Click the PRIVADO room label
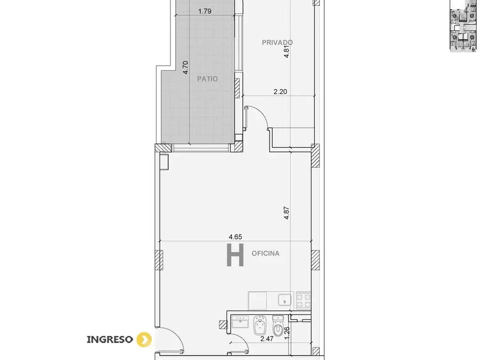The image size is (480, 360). point(277,42)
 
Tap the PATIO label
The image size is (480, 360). point(207,79)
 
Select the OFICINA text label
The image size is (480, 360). point(265,254)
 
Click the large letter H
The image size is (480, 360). point(235,255)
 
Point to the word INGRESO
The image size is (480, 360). point(110,339)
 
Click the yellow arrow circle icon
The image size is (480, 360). point(144,339)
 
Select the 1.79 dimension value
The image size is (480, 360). point(205,11)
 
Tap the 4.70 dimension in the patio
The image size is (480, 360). point(185,67)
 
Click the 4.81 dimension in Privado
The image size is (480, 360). point(286,52)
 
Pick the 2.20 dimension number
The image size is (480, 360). point(280,91)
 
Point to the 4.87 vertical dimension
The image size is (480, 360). point(286,213)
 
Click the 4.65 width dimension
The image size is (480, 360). point(235,237)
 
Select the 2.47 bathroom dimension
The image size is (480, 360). point(267,338)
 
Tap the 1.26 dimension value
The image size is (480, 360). point(287,333)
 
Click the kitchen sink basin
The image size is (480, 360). point(285,300)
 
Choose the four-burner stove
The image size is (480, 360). point(304,300)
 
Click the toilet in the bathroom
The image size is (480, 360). point(278,326)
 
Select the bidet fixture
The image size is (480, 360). point(260,326)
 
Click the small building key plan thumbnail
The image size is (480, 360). point(463,26)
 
